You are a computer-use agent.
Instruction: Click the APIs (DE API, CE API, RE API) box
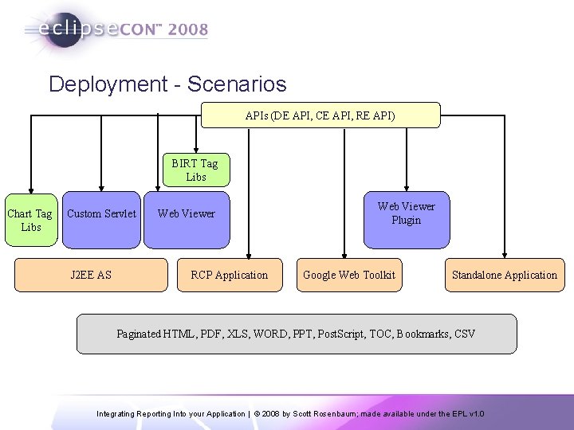[320, 115]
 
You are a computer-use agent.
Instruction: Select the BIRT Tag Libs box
[195, 170]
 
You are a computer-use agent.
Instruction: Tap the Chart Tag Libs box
[29, 220]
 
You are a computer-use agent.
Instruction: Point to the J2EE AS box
[91, 275]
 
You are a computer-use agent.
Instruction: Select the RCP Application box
[229, 275]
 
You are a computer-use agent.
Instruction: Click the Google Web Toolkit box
[349, 275]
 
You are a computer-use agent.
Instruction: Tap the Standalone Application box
[504, 275]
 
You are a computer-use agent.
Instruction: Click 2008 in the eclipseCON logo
[188, 30]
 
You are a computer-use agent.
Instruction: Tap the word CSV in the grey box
[464, 334]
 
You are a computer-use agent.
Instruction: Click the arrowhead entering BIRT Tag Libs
[195, 149]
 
